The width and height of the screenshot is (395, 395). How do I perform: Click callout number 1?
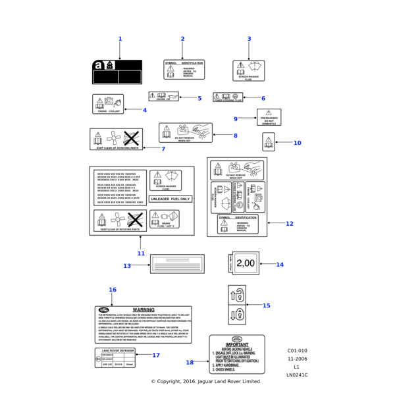tap(120, 39)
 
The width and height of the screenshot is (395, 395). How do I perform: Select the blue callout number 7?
tap(163, 149)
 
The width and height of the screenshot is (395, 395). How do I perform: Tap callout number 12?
tap(289, 223)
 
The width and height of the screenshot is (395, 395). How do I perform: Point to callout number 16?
tap(113, 290)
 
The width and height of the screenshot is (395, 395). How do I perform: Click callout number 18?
tap(190, 362)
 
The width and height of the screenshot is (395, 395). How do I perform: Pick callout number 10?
tap(297, 143)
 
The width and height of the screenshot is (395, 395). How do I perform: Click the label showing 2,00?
tap(244, 263)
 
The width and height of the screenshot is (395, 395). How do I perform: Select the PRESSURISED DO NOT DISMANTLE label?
tap(269, 117)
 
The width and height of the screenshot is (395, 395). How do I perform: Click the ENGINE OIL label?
tap(163, 97)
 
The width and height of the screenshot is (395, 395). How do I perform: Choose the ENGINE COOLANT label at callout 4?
tap(108, 104)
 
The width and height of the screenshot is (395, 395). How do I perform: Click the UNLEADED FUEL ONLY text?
tap(171, 198)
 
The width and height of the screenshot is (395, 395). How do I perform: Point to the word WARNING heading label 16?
tap(144, 309)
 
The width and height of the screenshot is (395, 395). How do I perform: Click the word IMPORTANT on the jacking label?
tap(237, 344)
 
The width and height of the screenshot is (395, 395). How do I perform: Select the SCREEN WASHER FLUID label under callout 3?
tap(248, 70)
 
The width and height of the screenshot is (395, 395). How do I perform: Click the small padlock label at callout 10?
tap(268, 141)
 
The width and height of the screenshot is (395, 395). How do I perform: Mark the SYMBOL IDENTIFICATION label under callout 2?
tap(184, 69)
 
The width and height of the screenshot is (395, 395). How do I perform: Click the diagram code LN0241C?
tap(296, 375)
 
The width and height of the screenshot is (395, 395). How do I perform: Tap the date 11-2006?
tap(296, 359)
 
